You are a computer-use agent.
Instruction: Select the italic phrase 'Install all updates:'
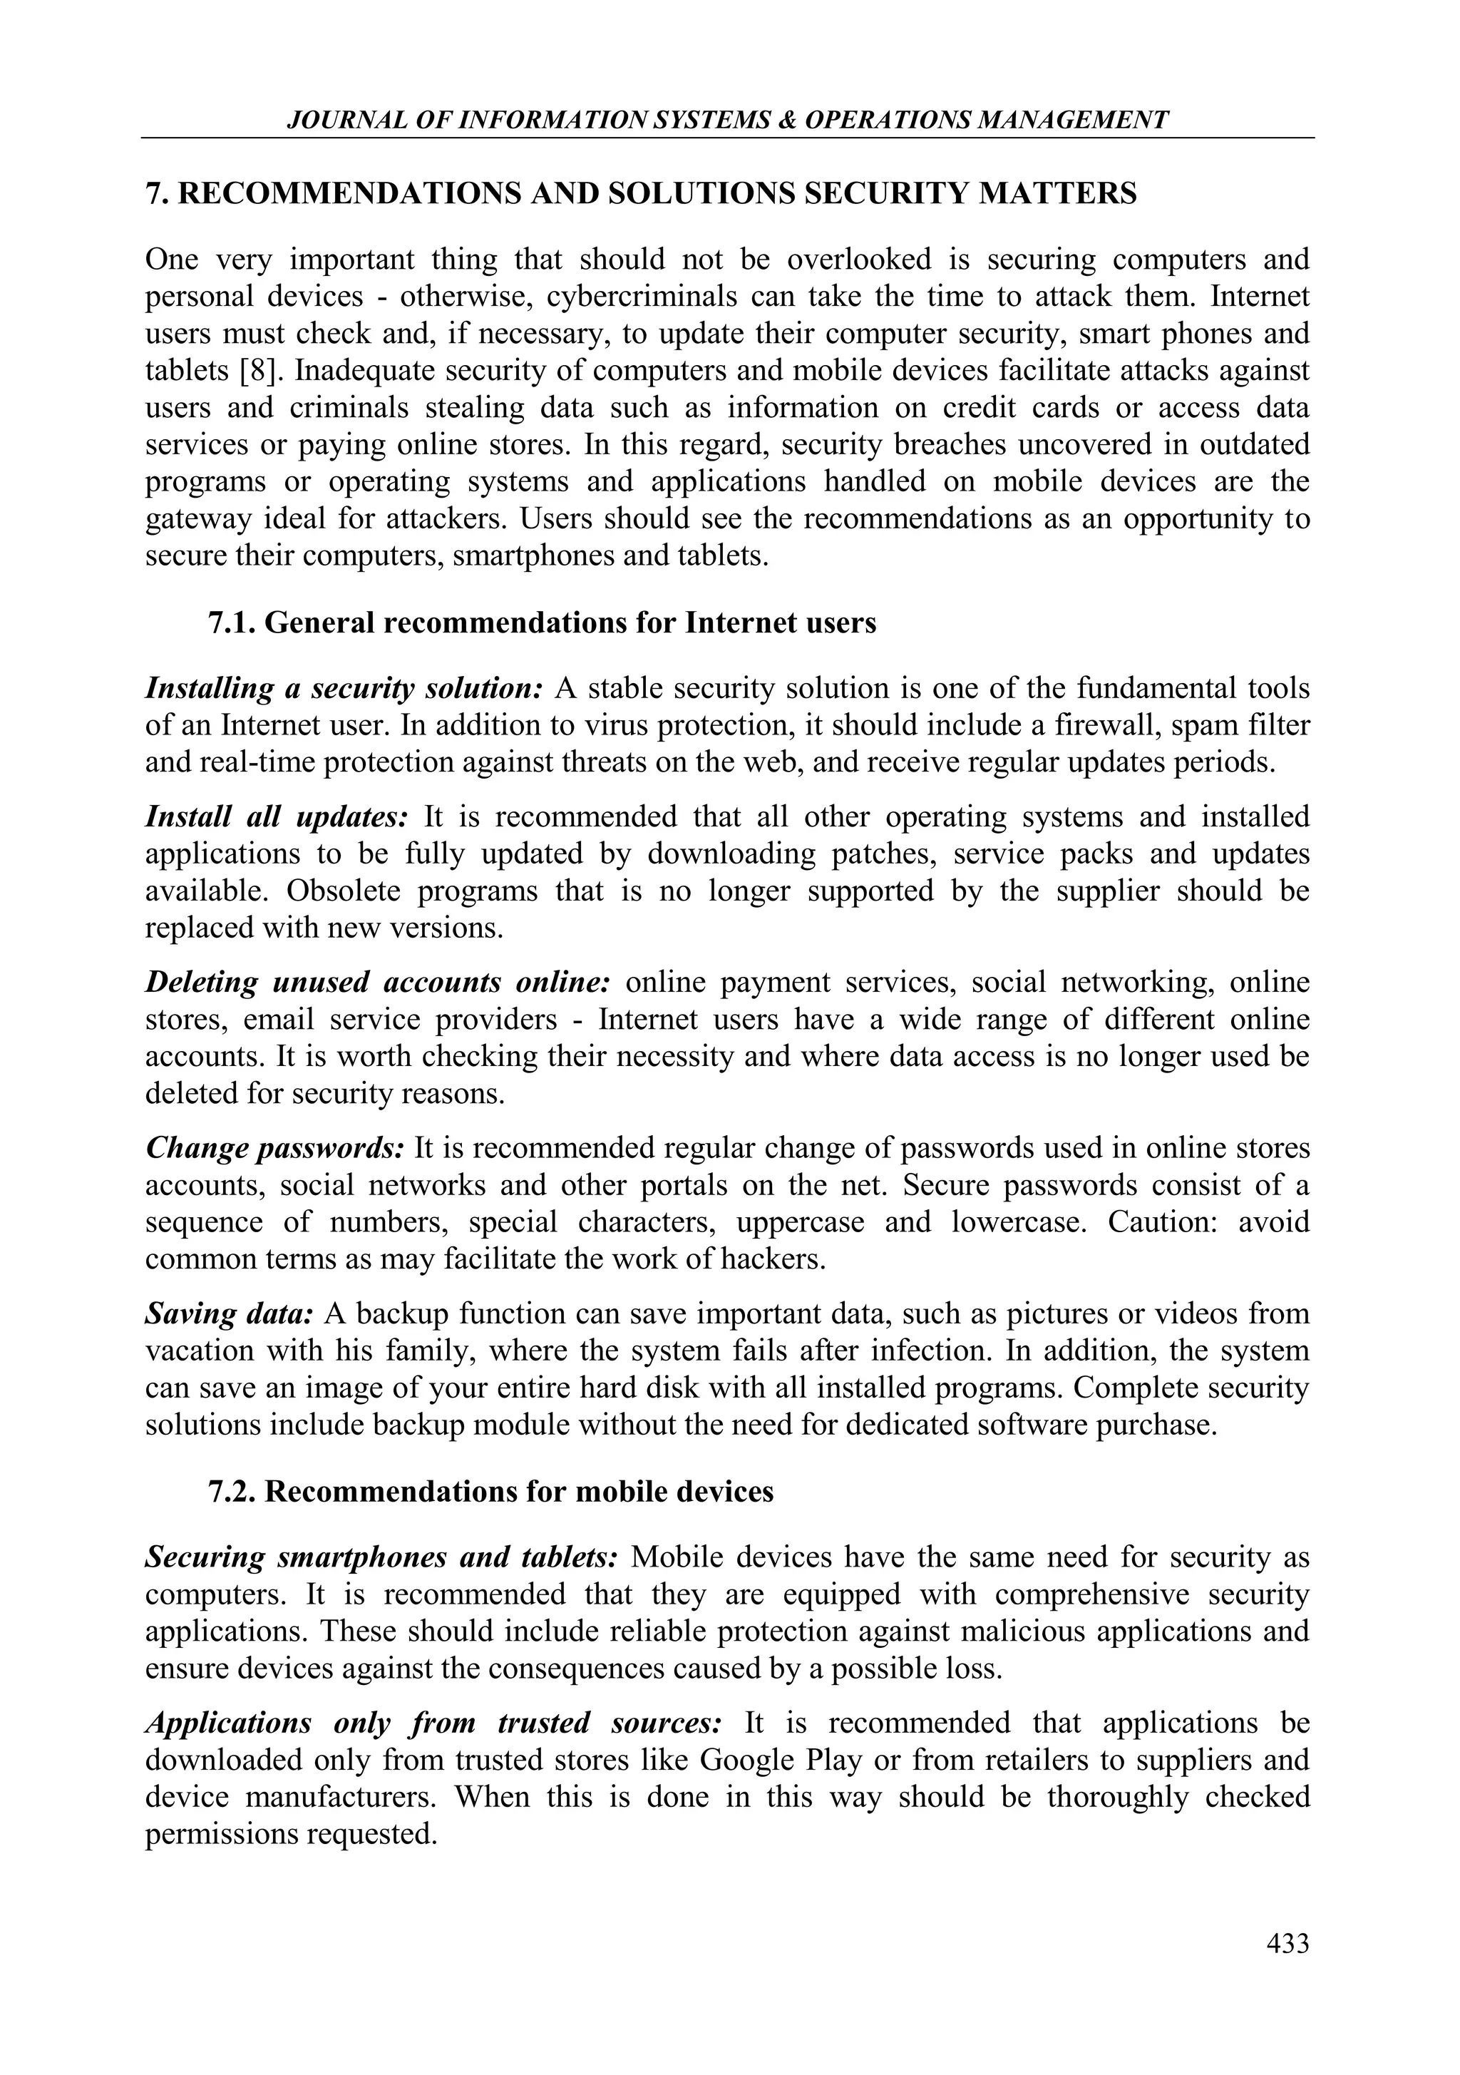pos(277,816)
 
